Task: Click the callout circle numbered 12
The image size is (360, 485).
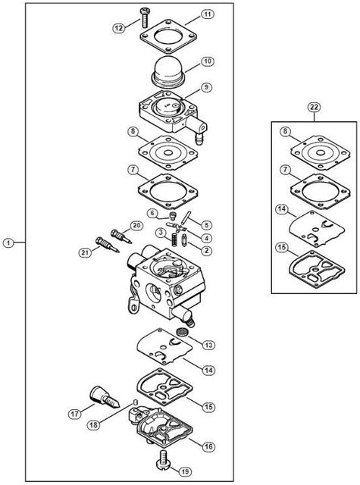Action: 118,28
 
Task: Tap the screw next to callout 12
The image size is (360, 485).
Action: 144,18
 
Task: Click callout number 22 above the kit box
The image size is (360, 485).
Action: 314,108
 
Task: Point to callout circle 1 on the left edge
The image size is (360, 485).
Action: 8,242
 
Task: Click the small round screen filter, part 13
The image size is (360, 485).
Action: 182,333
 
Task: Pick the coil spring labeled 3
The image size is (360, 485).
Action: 174,239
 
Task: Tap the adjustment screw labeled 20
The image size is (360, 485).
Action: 121,236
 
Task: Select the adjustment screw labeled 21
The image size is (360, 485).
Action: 108,245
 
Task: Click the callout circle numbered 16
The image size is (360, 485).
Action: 208,446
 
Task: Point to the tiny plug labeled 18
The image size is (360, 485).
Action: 135,402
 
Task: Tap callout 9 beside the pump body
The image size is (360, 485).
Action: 207,87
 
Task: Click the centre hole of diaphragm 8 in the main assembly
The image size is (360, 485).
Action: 168,153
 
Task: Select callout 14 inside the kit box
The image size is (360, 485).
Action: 282,209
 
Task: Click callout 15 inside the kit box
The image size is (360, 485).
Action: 282,248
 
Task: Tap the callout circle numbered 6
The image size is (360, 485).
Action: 152,213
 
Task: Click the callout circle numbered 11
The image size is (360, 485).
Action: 208,14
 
